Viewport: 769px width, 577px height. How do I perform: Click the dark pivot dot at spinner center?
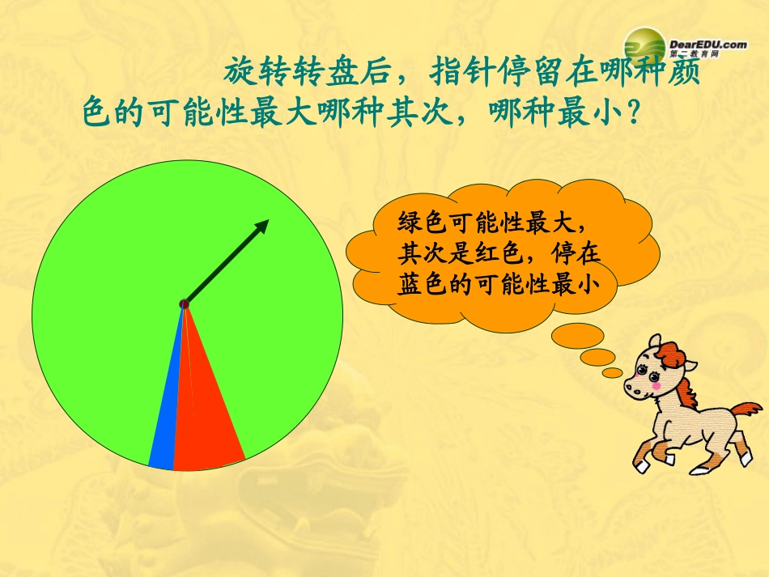[184, 303]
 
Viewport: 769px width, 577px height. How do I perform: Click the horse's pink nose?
[635, 388]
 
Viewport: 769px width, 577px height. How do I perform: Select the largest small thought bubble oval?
[577, 334]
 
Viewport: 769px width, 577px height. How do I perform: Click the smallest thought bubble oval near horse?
[613, 372]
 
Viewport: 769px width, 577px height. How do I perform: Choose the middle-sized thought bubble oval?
[598, 357]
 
